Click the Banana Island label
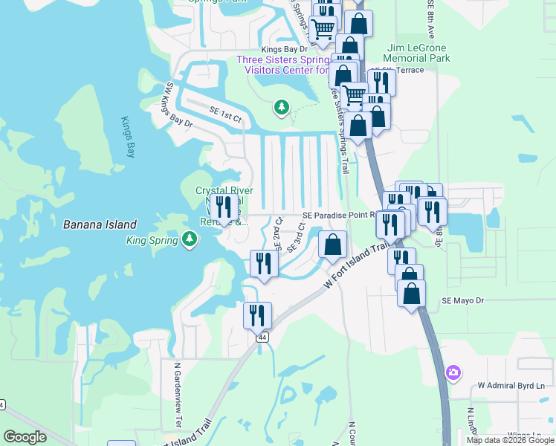click(100, 224)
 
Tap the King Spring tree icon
click(190, 239)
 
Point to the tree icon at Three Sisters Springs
click(281, 109)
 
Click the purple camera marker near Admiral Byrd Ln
click(452, 372)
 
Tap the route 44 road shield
click(262, 337)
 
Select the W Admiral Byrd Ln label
click(511, 386)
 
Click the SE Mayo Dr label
click(462, 300)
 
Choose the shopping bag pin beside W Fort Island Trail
click(333, 245)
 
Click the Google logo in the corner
click(25, 437)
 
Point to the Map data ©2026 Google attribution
click(509, 440)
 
